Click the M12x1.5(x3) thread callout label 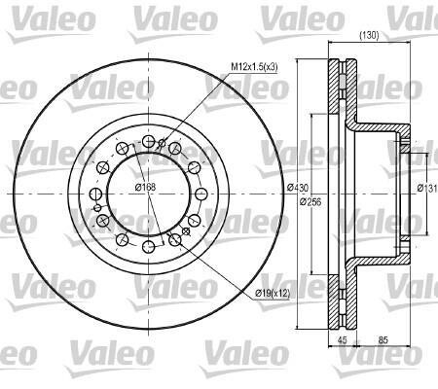(254, 67)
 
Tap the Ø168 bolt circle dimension (145, 187)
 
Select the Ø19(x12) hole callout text (273, 294)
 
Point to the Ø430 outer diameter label (298, 188)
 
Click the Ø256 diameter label (310, 201)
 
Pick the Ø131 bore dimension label (427, 188)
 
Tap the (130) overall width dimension (369, 35)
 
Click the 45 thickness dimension (343, 340)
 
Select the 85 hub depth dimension (383, 340)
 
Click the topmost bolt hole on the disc (149, 141)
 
